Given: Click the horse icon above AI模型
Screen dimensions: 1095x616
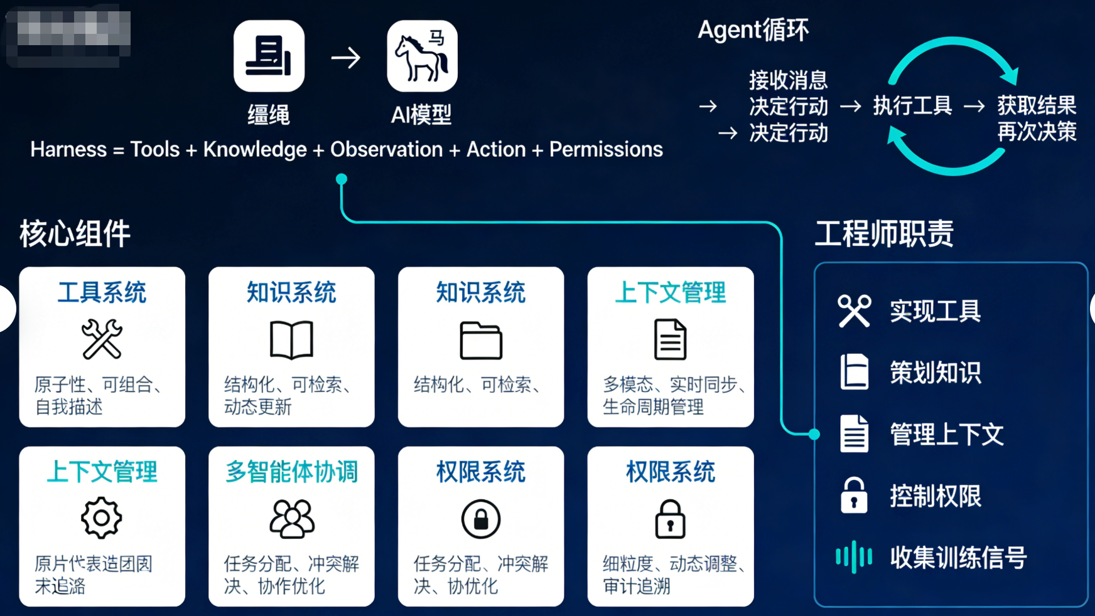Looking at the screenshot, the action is pyautogui.click(x=422, y=56).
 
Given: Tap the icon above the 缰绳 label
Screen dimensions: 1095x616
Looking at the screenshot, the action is pyautogui.click(x=269, y=56).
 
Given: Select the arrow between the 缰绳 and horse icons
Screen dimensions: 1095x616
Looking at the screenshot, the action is pyautogui.click(x=346, y=58).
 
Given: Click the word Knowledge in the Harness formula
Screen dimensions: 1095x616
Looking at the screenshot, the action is pyautogui.click(x=255, y=149).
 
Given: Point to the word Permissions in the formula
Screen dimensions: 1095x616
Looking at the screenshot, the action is pyautogui.click(x=606, y=149).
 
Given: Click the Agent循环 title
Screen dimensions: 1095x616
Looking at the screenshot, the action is pyautogui.click(x=753, y=29).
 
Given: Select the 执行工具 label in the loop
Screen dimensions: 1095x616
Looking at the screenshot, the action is pyautogui.click(x=912, y=106).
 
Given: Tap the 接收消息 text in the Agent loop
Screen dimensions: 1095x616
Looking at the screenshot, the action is pyautogui.click(x=788, y=80).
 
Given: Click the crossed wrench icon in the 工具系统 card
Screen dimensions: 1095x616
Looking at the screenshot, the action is pyautogui.click(x=102, y=339).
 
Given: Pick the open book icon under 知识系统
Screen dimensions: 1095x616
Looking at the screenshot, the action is pyautogui.click(x=291, y=339).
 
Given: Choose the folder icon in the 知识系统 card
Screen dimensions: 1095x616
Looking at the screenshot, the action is pyautogui.click(x=481, y=341).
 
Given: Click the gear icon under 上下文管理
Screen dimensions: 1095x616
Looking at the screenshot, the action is pyautogui.click(x=101, y=518).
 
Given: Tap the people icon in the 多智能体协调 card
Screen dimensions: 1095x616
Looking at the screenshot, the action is pyautogui.click(x=292, y=519).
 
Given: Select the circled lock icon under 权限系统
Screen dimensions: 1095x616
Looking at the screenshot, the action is pyautogui.click(x=481, y=519).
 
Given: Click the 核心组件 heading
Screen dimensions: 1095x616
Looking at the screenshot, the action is pyautogui.click(x=75, y=234).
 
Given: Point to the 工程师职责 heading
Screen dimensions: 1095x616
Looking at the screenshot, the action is pyautogui.click(x=884, y=234).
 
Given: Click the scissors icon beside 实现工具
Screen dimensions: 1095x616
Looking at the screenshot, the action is pyautogui.click(x=854, y=311).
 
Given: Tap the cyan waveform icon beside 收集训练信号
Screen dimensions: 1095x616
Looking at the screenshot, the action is pyautogui.click(x=854, y=556).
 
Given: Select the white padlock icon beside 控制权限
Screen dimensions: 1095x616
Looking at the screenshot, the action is pyautogui.click(x=854, y=496).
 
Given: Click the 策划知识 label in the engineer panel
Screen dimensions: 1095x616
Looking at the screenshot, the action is pyautogui.click(x=935, y=373).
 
